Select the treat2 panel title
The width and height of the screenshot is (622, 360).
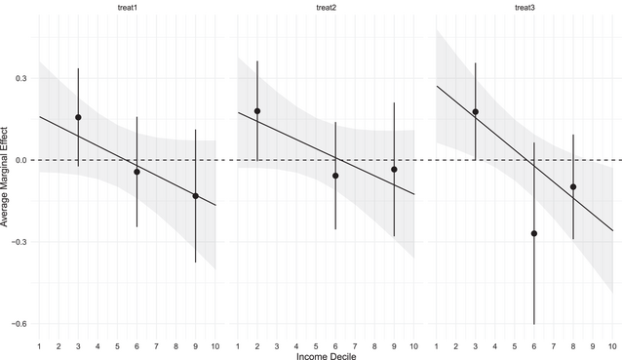(326, 9)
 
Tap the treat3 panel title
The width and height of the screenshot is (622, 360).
(525, 9)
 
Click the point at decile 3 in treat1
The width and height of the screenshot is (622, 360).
(78, 117)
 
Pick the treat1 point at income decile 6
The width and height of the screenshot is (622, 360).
(136, 172)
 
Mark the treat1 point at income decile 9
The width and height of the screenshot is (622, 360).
(196, 196)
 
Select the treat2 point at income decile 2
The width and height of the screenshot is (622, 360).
(257, 111)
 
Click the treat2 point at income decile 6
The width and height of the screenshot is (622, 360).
(335, 176)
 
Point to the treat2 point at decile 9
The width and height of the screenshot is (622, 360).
(394, 170)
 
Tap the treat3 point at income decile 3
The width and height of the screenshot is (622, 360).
(476, 112)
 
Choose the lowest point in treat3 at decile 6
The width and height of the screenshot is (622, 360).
(534, 233)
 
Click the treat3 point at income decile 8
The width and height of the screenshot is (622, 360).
(573, 186)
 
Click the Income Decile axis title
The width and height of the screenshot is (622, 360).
(326, 356)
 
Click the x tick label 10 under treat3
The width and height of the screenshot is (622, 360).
(612, 345)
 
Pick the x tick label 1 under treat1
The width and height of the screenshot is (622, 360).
(39, 345)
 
